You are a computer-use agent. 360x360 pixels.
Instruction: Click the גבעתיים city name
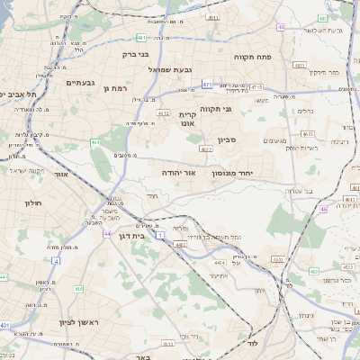81,82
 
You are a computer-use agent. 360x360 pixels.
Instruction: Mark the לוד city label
254,344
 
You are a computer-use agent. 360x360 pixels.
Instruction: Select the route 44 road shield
107,234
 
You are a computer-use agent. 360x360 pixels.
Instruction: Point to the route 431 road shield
5,325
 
